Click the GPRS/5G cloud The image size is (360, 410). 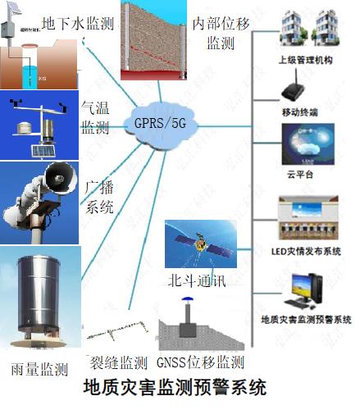[161, 125]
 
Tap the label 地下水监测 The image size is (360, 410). [78, 23]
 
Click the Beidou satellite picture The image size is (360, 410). [201, 244]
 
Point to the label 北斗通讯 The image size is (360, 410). [197, 280]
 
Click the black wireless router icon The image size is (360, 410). [294, 87]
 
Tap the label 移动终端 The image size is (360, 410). [300, 112]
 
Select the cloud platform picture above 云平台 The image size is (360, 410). [308, 144]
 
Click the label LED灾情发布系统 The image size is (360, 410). [306, 251]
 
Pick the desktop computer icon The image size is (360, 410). [303, 290]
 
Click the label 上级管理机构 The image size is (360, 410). [305, 60]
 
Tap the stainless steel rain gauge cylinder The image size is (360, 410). [39, 295]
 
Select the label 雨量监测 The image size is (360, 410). [39, 369]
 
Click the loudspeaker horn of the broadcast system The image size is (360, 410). [61, 178]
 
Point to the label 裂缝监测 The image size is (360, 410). [118, 362]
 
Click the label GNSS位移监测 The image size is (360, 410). [200, 362]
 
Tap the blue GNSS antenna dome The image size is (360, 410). [188, 299]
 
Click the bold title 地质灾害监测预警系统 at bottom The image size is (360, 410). [175, 387]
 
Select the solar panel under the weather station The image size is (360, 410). [43, 151]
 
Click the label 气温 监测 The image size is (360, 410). [95, 117]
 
